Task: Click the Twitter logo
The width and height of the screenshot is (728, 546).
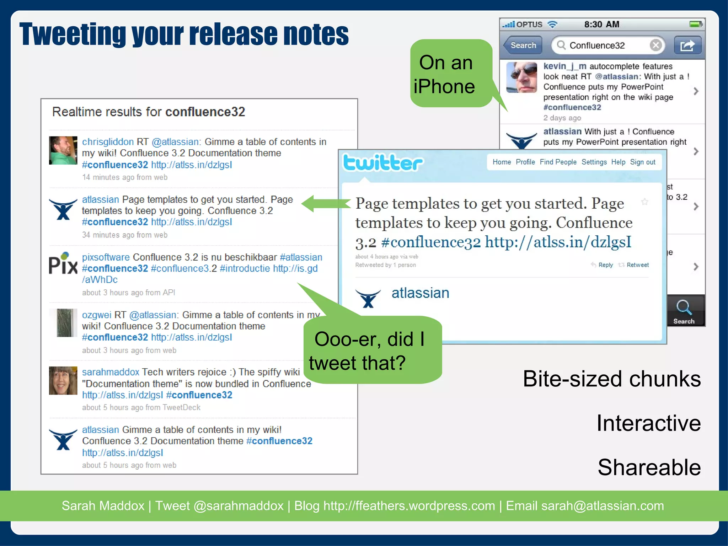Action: tap(383, 163)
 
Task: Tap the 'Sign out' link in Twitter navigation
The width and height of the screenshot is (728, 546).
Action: tap(642, 162)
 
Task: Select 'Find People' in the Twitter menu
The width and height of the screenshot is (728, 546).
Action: tap(558, 162)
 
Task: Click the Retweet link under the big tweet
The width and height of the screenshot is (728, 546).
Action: tap(637, 265)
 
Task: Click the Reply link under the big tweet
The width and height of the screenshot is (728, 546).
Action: tap(605, 265)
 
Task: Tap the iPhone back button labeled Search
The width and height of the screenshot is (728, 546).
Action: tap(523, 45)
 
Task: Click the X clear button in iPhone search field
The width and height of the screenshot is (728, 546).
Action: tap(655, 45)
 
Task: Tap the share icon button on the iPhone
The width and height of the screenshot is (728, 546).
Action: tap(687, 45)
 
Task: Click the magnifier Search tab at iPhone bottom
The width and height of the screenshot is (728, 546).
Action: tap(684, 311)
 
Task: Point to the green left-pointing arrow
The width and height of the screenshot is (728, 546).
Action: tap(325, 203)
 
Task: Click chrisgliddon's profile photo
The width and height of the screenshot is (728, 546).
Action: tap(63, 150)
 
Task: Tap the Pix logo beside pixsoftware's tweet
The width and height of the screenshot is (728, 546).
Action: tap(63, 264)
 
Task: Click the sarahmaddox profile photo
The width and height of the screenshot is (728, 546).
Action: tap(63, 381)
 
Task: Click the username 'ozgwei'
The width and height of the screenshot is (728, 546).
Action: tap(96, 315)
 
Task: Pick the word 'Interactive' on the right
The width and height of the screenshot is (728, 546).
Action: tap(648, 423)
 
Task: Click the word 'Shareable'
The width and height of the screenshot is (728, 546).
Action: tap(649, 467)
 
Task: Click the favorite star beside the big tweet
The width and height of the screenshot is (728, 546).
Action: tap(644, 202)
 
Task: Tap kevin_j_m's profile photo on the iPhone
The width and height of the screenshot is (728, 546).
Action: tap(521, 77)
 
